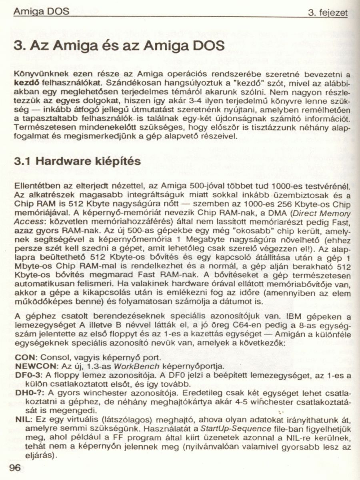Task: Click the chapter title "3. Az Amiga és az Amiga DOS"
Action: click(x=119, y=47)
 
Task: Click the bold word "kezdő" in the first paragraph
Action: click(x=25, y=84)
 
